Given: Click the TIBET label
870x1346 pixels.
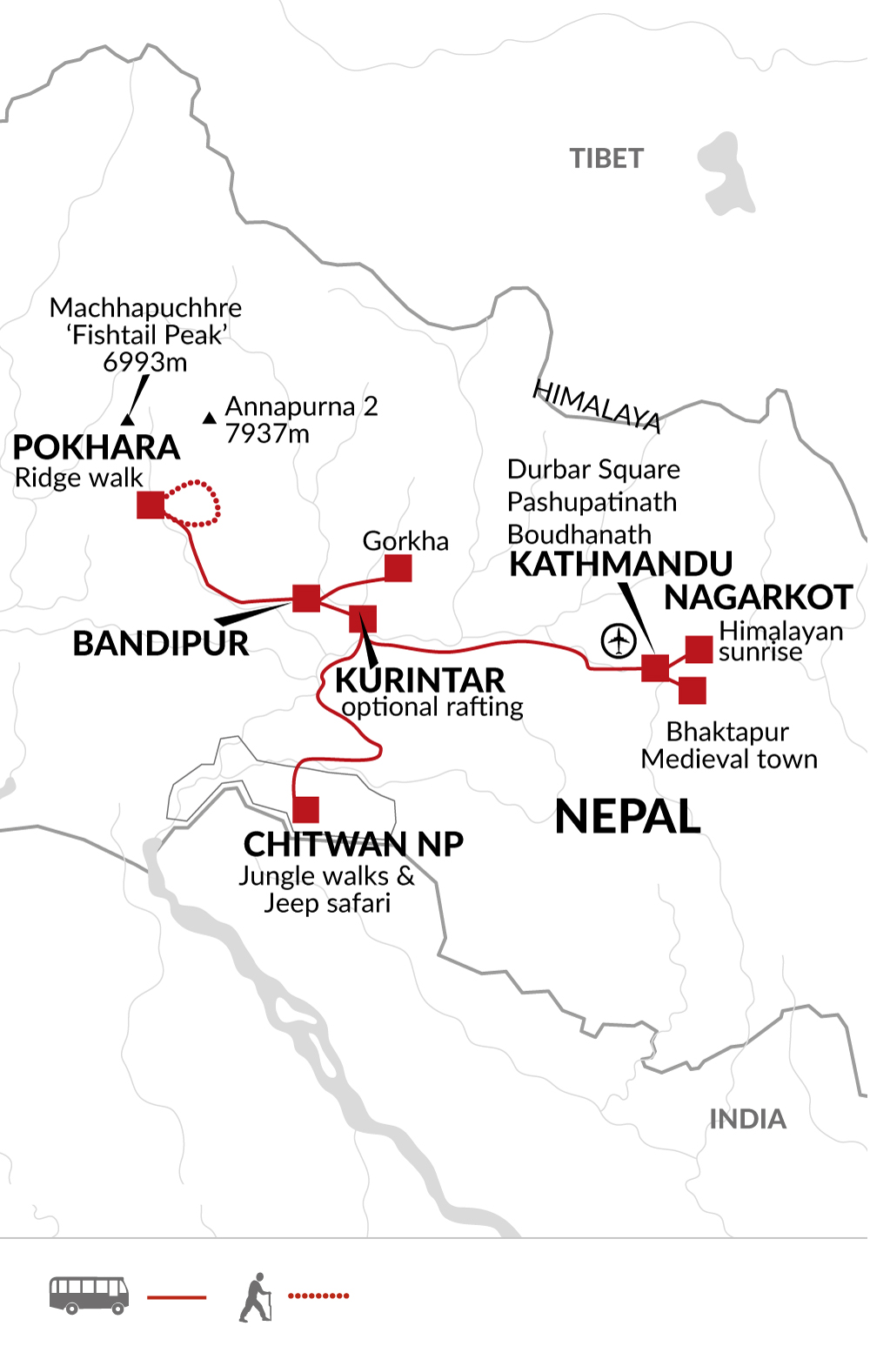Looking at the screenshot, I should click(606, 158).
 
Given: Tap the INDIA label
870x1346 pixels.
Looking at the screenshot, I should click(747, 1119).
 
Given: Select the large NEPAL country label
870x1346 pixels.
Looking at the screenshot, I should click(627, 817).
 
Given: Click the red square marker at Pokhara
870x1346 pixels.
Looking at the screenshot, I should click(151, 505).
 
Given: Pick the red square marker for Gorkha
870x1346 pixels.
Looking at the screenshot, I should click(398, 568).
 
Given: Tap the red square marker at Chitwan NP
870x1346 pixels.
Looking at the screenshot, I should click(305, 809).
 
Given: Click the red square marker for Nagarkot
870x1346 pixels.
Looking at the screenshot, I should click(699, 649).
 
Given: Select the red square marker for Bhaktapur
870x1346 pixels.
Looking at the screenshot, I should click(692, 690).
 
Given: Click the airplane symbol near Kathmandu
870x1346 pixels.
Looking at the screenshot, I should click(619, 642).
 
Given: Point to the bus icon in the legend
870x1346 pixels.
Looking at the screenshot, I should click(89, 1295).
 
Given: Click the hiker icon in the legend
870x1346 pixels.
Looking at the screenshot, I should click(255, 1296).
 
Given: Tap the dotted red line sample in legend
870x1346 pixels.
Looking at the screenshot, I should click(318, 1296).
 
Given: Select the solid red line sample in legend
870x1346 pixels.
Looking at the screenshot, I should click(177, 1296).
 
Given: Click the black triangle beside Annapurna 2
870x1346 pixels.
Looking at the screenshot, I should click(209, 419).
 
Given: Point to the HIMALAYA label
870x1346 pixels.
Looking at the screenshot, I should click(597, 405).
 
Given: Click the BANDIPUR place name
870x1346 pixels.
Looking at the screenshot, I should click(160, 644).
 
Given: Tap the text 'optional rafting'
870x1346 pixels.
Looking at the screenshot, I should click(432, 707).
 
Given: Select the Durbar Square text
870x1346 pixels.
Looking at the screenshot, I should click(593, 469).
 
